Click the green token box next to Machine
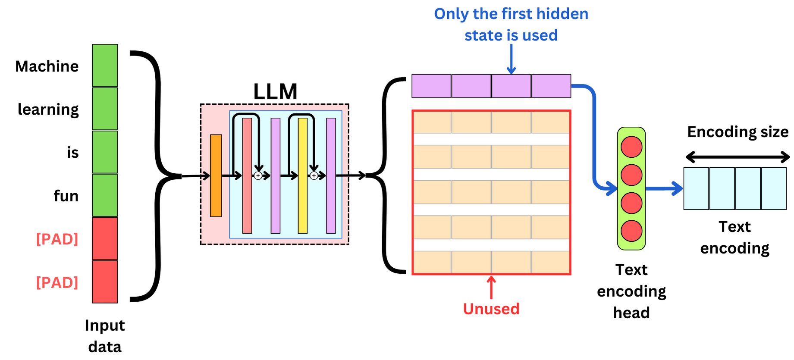[x=105, y=65]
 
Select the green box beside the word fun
[x=105, y=195]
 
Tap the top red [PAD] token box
[x=105, y=238]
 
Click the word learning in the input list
[x=48, y=110]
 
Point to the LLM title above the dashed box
[x=275, y=91]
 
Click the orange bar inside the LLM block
[x=216, y=175]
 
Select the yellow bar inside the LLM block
[x=303, y=175]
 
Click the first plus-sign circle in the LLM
[x=258, y=175]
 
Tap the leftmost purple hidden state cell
[x=431, y=86]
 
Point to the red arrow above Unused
[x=491, y=287]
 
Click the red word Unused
[x=491, y=309]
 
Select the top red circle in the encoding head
[x=631, y=147]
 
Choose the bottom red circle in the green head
[x=631, y=231]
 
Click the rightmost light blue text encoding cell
[x=774, y=188]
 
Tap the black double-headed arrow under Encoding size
[x=738, y=157]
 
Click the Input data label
[x=105, y=336]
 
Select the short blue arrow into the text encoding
[x=664, y=188]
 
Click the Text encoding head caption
[x=631, y=291]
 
